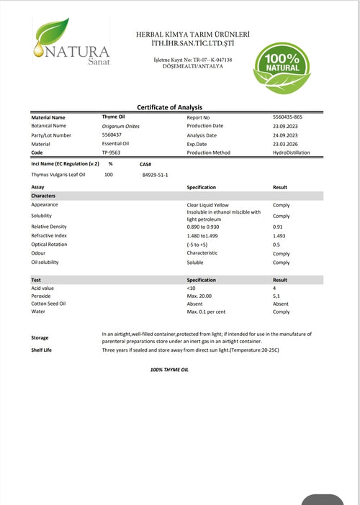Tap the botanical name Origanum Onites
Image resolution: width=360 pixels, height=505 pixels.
click(x=121, y=126)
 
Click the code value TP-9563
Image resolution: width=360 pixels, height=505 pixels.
click(x=112, y=153)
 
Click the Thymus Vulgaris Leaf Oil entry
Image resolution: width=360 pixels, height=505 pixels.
click(x=58, y=175)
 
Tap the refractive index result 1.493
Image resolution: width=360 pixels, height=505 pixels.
click(x=280, y=235)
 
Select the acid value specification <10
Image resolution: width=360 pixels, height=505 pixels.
click(x=191, y=287)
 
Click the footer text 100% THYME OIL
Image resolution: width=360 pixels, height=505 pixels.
click(x=169, y=369)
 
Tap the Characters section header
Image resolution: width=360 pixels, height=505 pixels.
click(x=44, y=196)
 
